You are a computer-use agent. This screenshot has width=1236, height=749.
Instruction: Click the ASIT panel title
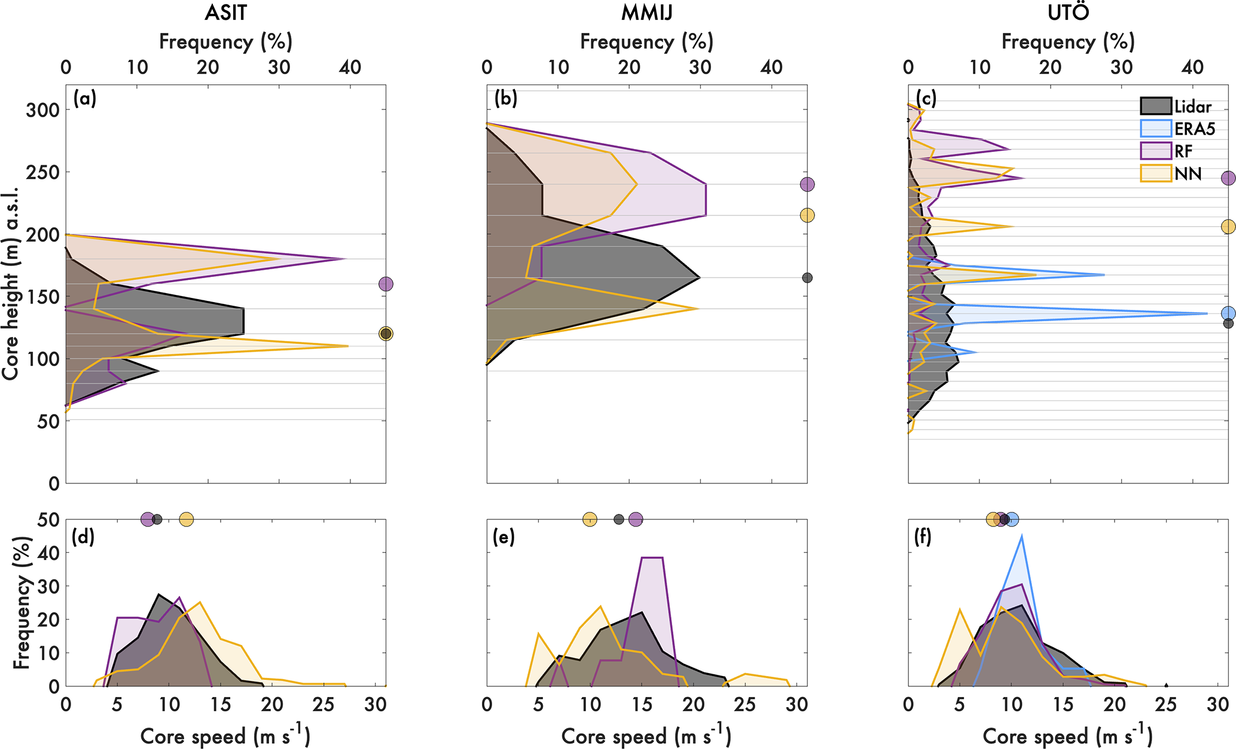pos(225,13)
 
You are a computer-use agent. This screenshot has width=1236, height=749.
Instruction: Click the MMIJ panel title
pos(646,13)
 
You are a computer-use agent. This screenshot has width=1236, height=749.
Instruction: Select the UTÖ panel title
pos(1068,13)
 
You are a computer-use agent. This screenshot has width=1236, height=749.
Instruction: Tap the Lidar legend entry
pos(1176,107)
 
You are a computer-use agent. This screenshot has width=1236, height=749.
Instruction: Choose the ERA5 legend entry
pos(1177,129)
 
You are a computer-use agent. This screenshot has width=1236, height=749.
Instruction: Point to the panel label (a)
pos(84,99)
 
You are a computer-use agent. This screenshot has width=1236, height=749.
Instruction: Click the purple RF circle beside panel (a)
pos(386,284)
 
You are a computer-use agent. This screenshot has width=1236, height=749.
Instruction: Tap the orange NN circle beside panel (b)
pos(807,215)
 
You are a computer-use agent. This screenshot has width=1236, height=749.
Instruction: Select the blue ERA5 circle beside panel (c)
pos(1228,313)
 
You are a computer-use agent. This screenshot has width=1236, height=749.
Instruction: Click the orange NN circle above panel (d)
pos(187,519)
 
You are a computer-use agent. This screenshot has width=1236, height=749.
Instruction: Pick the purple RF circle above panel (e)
pos(636,519)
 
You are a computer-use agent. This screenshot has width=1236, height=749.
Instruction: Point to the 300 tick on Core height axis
pos(42,111)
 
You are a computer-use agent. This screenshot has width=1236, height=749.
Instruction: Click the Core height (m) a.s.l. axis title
pos(10,284)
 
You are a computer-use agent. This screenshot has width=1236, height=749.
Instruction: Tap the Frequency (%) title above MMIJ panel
pos(646,42)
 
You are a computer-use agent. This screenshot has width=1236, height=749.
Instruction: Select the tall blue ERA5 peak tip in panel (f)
pos(1022,536)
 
